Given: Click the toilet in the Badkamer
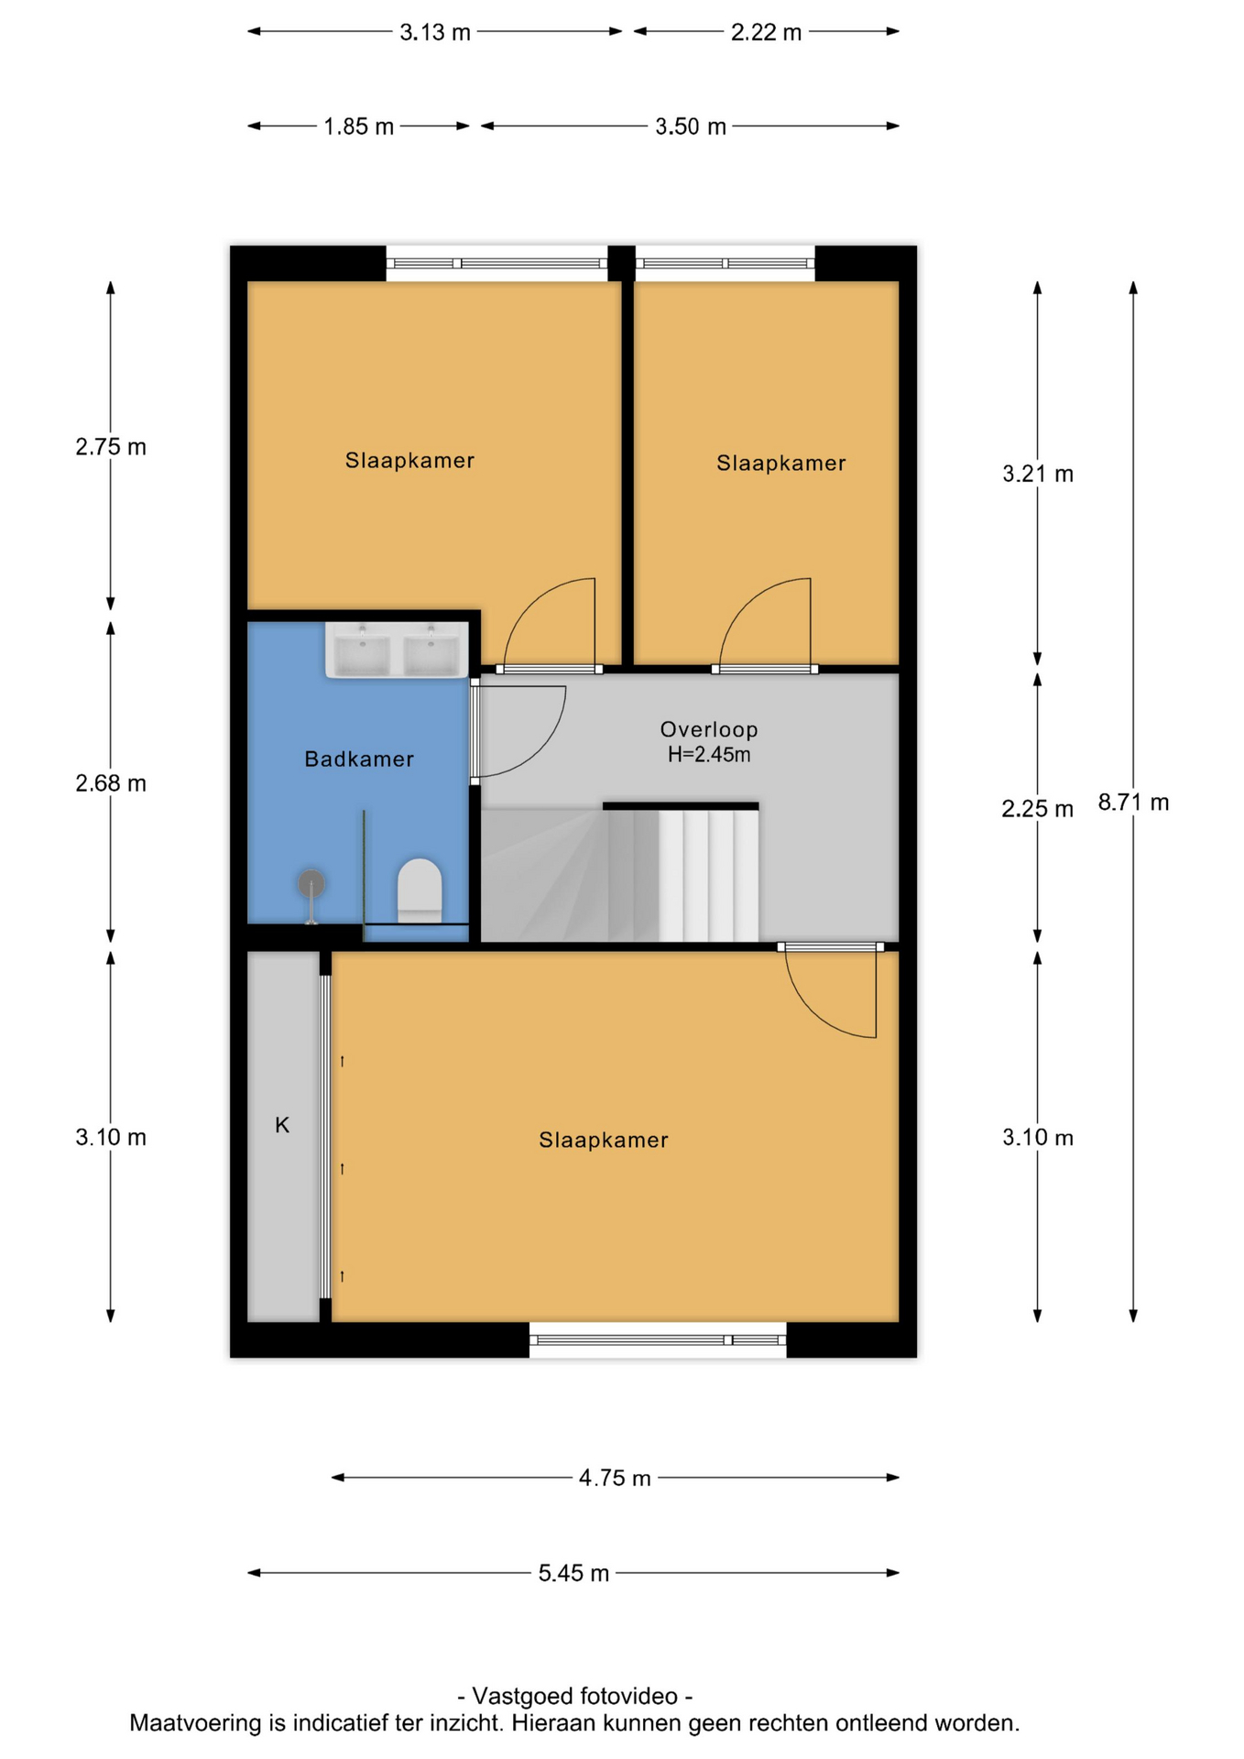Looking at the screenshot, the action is click(x=420, y=890).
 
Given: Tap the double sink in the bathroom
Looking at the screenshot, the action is click(x=397, y=650).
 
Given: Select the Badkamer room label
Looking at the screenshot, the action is click(x=359, y=759).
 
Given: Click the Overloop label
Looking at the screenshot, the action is click(x=709, y=729).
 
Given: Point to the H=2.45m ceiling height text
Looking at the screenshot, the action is click(x=709, y=755).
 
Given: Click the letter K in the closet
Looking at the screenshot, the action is click(x=282, y=1125).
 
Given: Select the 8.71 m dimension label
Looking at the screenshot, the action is click(x=1133, y=803).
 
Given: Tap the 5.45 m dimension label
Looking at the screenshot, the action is click(x=573, y=1573).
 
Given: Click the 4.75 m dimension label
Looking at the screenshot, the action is click(x=615, y=1478).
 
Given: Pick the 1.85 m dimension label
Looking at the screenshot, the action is click(x=358, y=126).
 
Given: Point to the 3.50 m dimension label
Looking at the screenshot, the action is click(x=690, y=126).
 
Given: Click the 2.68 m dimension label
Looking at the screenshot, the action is click(x=111, y=783).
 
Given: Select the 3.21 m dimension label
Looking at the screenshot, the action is click(x=1038, y=474).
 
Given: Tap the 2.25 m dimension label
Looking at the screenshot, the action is click(x=1037, y=809).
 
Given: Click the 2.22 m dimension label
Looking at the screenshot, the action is click(x=766, y=32).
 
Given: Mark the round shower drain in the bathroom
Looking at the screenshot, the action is click(x=311, y=883).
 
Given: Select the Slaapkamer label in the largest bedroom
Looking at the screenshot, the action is click(x=604, y=1140).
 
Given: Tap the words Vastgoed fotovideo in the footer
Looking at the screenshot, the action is click(x=574, y=1696).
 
